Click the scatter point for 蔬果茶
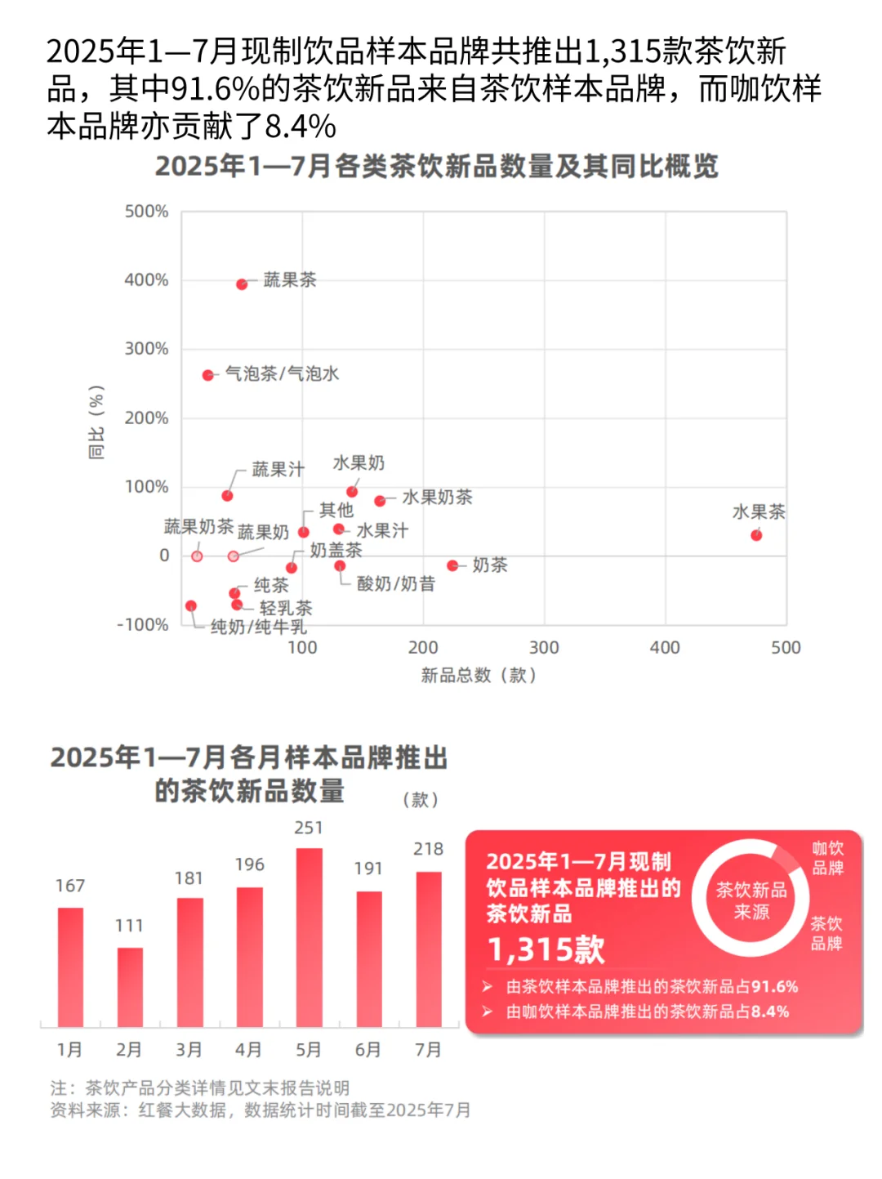click(x=242, y=284)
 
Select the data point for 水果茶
click(x=756, y=535)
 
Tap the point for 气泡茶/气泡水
click(x=208, y=375)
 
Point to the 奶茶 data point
click(x=452, y=565)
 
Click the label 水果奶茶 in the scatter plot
click(x=437, y=498)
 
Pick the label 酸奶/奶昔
click(x=396, y=584)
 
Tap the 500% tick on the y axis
click(x=147, y=212)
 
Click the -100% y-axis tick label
click(x=144, y=625)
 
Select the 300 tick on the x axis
click(x=544, y=648)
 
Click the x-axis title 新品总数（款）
click(x=479, y=676)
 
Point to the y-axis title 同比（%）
click(x=96, y=422)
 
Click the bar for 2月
click(x=130, y=986)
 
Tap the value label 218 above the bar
click(x=428, y=850)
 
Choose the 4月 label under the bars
click(x=248, y=1050)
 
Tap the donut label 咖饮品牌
click(x=827, y=858)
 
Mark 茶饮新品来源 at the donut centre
click(x=751, y=900)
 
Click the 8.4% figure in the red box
click(x=770, y=1012)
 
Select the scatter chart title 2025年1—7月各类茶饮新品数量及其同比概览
click(x=437, y=167)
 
